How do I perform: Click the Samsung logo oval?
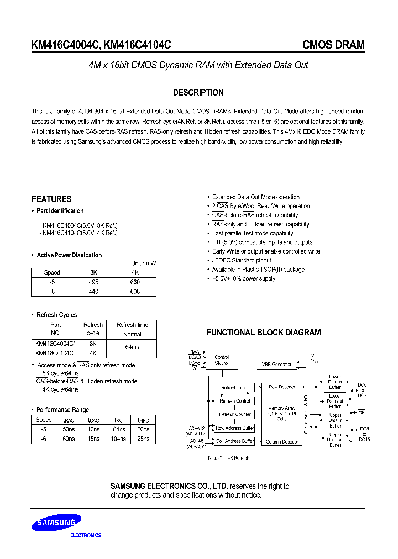pyautogui.click(x=56, y=523)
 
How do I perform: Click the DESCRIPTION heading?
pyautogui.click(x=198, y=93)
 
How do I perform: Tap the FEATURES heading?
pyautogui.click(x=51, y=199)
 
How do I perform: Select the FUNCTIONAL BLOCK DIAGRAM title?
pyautogui.click(x=264, y=333)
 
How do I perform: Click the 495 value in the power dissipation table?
pyautogui.click(x=94, y=282)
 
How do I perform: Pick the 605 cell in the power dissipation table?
pyautogui.click(x=135, y=291)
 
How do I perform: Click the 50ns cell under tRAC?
pyautogui.click(x=69, y=429)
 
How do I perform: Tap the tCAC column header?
pyautogui.click(x=95, y=420)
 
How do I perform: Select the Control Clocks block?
pyautogui.click(x=222, y=360)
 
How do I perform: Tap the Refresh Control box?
pyautogui.click(x=235, y=401)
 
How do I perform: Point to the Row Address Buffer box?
pyautogui.click(x=234, y=428)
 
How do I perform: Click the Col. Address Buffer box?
pyautogui.click(x=234, y=441)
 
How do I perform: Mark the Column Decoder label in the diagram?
pyautogui.click(x=282, y=442)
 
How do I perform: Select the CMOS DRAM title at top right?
pyautogui.click(x=333, y=45)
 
